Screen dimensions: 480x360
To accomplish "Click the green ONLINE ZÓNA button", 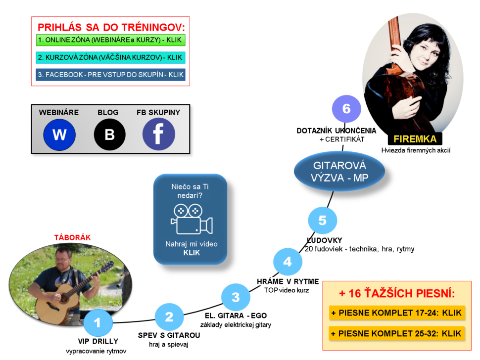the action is [110, 40].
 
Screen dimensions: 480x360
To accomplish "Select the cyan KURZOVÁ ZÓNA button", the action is [110, 57].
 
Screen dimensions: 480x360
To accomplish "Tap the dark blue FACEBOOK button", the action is [110, 75].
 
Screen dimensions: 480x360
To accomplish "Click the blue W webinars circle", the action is [59, 135].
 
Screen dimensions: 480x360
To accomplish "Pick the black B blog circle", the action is [109, 135].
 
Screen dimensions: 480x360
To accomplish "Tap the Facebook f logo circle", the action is [158, 134].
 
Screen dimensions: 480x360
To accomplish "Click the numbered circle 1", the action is [97, 323].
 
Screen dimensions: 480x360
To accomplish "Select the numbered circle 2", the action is [169, 317].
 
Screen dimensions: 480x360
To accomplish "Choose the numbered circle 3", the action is [236, 297].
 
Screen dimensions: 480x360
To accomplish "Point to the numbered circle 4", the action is [288, 262].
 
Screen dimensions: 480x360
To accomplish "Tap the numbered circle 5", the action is [322, 221].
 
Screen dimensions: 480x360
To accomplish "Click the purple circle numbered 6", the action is [346, 109].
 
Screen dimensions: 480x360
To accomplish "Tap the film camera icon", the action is [192, 219].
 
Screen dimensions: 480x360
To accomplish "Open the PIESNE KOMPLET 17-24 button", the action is [397, 313].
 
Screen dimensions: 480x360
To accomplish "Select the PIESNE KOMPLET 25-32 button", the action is [397, 333].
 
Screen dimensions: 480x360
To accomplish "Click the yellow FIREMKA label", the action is [415, 139].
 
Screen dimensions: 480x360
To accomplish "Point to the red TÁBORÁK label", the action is [73, 238].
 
